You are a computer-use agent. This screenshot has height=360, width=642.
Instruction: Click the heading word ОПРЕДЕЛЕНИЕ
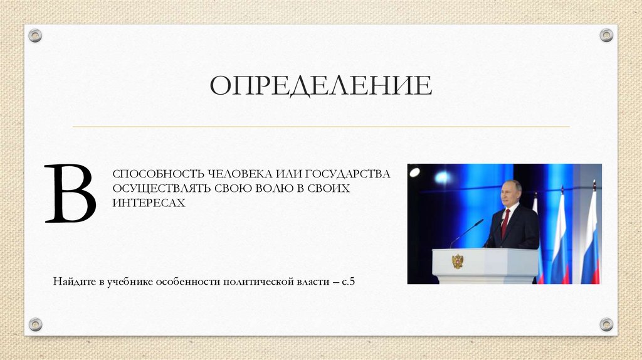coord(320,86)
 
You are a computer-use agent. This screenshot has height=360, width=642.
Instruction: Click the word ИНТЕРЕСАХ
coord(149,203)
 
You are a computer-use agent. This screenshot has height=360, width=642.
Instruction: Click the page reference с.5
coord(349,281)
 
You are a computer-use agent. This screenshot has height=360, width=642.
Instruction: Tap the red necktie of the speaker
coord(505,223)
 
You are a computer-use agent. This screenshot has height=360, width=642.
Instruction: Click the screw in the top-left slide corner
coord(35,35)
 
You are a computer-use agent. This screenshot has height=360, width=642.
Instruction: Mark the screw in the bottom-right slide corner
coord(606,324)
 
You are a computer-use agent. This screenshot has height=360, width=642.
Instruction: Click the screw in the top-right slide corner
coord(606,35)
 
